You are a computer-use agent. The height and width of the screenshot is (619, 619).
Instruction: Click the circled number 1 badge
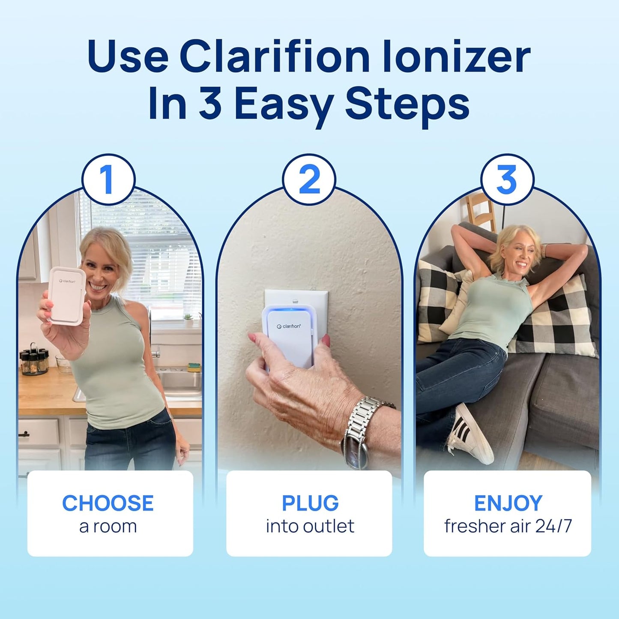point(108,180)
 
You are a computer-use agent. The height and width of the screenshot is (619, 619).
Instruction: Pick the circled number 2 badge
point(309,180)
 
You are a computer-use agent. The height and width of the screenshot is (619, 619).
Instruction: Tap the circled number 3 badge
point(507,180)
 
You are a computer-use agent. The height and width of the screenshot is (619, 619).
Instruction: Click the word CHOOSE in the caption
point(108,503)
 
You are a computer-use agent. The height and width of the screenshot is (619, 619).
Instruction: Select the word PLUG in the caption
point(310,503)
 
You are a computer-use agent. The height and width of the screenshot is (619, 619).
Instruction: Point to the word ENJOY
point(508,503)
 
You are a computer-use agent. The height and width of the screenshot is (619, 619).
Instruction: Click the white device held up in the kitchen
point(66,296)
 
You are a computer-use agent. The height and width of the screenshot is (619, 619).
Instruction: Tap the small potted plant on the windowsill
point(188,319)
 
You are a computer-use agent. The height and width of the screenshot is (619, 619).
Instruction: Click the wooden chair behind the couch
point(481,212)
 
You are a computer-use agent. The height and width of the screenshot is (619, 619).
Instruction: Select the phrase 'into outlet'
point(310,526)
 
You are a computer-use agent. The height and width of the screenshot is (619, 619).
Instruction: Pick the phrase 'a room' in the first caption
point(108,526)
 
